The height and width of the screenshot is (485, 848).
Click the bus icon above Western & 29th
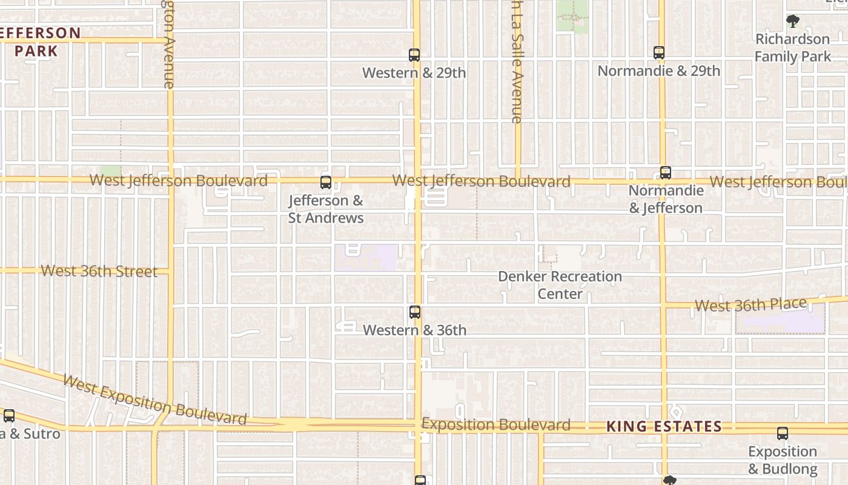[414, 55]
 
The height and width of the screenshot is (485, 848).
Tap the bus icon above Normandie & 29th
[659, 53]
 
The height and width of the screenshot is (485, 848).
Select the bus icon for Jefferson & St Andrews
[326, 182]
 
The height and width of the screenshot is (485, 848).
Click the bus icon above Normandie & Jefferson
[666, 173]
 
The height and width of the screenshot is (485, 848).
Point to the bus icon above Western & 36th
[415, 312]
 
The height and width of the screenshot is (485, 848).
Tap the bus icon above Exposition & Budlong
[783, 433]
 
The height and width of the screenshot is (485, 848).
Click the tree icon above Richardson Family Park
[792, 22]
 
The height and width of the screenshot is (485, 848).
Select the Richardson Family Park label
[792, 48]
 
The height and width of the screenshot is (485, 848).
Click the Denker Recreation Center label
[560, 285]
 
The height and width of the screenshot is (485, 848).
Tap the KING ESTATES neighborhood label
[664, 427]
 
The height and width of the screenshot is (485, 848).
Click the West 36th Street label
[99, 271]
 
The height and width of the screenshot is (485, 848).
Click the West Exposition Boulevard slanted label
[154, 401]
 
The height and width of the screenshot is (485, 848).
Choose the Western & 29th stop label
[414, 73]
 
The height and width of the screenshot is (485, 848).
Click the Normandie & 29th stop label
[659, 71]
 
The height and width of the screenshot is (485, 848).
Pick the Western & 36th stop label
[415, 330]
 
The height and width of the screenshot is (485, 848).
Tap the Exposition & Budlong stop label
[783, 460]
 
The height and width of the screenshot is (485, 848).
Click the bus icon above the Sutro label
[9, 416]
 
